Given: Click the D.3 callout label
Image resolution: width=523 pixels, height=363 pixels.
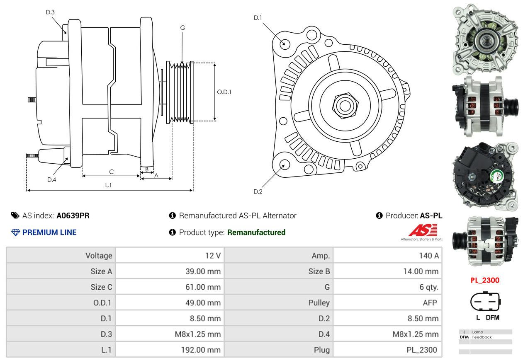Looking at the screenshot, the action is click(50, 12).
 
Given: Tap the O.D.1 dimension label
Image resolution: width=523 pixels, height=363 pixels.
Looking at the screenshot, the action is click(224, 92).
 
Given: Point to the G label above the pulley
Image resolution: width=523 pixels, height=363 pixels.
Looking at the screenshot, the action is click(182, 28).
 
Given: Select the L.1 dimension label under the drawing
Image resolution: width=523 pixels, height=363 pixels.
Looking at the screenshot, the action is click(108, 185).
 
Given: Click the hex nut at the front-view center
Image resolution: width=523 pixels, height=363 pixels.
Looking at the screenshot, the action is click(345, 106).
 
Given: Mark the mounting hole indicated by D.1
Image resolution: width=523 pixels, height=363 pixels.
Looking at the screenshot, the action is click(285, 44).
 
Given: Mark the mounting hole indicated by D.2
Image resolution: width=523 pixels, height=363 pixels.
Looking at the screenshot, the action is click(285, 164).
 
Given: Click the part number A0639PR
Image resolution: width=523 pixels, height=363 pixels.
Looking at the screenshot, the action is click(73, 215).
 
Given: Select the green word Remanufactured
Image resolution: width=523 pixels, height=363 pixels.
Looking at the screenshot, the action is click(256, 232).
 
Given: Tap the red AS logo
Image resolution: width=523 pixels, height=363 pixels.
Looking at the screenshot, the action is click(423, 230).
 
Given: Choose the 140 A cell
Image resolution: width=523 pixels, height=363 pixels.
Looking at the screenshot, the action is click(387, 255).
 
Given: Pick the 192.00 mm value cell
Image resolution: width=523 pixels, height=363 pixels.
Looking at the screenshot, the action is click(170, 350).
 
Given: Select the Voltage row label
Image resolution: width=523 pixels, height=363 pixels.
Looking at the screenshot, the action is click(61, 255).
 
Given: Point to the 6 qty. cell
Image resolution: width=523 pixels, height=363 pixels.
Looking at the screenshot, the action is click(387, 287).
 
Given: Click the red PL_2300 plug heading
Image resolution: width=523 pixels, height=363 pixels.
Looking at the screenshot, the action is click(485, 280).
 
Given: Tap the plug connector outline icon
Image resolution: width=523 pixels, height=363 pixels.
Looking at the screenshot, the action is click(485, 301).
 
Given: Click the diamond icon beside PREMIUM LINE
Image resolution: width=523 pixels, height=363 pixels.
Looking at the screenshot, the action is click(15, 232).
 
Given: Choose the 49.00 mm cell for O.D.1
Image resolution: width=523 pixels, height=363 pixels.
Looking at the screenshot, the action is click(170, 303).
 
